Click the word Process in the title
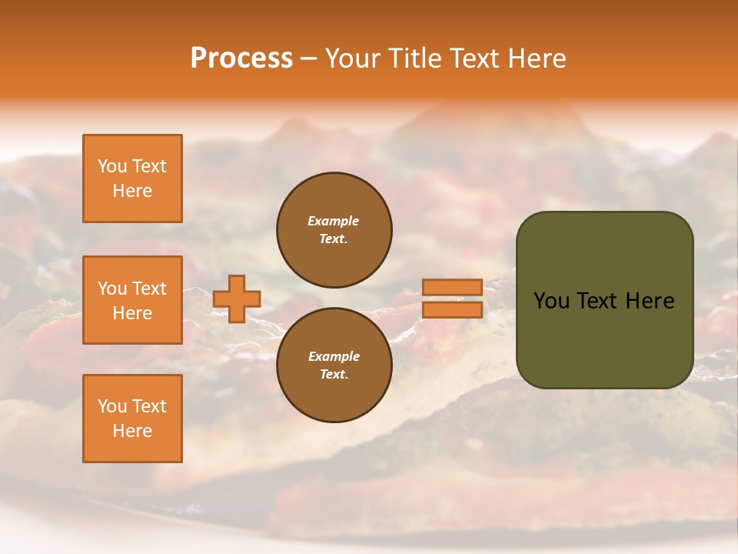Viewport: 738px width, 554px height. pyautogui.click(x=241, y=58)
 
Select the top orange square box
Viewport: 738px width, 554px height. pyautogui.click(x=132, y=179)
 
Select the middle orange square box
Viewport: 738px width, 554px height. pyautogui.click(x=132, y=300)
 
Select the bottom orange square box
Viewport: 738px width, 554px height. pyautogui.click(x=132, y=419)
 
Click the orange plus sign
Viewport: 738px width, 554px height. pyautogui.click(x=237, y=299)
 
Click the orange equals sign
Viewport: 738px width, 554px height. pyautogui.click(x=453, y=299)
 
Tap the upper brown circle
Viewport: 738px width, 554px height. pyautogui.click(x=334, y=230)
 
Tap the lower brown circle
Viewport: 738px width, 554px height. pyautogui.click(x=334, y=365)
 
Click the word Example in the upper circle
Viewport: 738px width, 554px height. pyautogui.click(x=334, y=221)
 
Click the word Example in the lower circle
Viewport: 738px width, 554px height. pyautogui.click(x=334, y=356)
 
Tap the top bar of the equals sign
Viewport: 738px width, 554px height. pyautogui.click(x=453, y=287)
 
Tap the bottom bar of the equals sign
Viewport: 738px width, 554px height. pyautogui.click(x=453, y=310)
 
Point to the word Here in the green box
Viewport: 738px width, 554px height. pyautogui.click(x=650, y=301)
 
